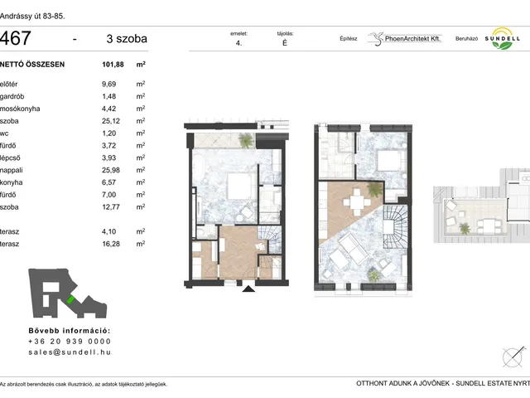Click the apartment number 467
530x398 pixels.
coord(16,38)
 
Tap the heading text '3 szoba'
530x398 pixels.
coord(127,39)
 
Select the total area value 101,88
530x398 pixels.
coord(113,65)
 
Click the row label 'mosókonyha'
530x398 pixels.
coord(20,109)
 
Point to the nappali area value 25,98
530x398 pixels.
coord(111,170)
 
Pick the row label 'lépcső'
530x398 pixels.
coord(10,158)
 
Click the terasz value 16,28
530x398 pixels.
coord(111,244)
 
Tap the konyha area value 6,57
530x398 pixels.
coord(108,182)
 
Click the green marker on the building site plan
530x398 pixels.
coord(70,299)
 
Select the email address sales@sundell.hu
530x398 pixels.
coord(70,352)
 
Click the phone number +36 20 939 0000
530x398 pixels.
coord(70,342)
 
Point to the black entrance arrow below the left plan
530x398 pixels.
coord(248,289)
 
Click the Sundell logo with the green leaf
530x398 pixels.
coord(503,39)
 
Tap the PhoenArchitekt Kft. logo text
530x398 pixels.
coord(412,39)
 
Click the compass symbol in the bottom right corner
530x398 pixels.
coord(513,357)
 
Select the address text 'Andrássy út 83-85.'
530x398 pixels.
coord(32,17)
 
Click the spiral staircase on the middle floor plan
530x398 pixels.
coord(396,226)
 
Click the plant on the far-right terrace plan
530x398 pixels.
coord(465,229)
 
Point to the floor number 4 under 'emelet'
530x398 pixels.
coord(238,43)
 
